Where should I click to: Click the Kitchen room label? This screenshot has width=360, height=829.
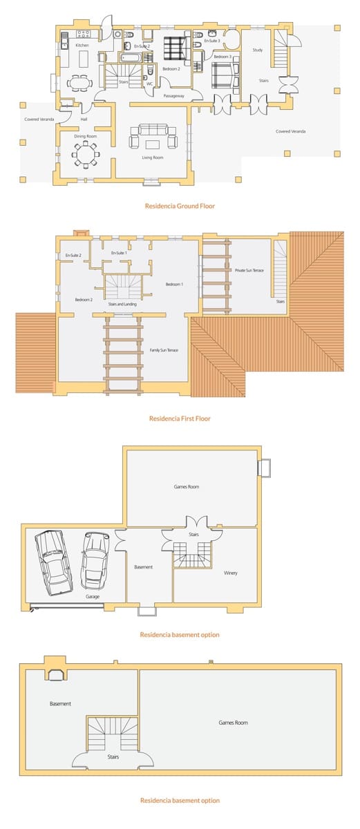(x=82, y=45)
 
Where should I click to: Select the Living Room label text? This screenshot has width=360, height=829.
(x=152, y=158)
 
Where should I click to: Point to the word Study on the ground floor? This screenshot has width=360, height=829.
(x=257, y=50)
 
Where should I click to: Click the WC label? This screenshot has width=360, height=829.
(x=149, y=84)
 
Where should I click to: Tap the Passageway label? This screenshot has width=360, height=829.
(x=173, y=96)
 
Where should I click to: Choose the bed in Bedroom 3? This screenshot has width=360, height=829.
(x=223, y=74)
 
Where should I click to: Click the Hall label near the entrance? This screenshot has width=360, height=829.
(x=84, y=119)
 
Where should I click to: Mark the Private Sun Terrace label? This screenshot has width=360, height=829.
(x=249, y=270)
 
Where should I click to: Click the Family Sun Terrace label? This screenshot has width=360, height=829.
(x=164, y=350)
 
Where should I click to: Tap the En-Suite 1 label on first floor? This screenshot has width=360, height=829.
(x=120, y=254)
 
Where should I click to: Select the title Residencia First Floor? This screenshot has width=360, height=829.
(x=179, y=419)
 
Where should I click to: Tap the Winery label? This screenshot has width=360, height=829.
(x=231, y=573)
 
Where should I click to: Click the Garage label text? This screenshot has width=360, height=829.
(x=93, y=596)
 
